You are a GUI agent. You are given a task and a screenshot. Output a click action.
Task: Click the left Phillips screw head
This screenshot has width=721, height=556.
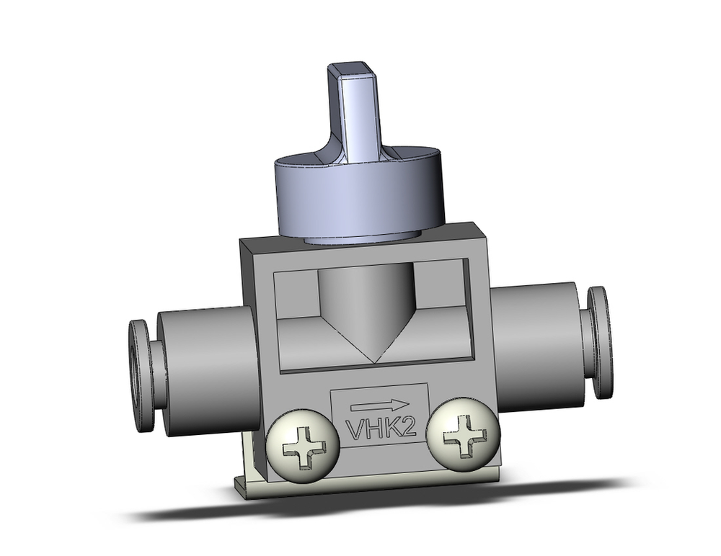(302, 448)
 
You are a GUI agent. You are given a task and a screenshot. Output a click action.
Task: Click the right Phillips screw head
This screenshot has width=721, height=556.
(463, 436)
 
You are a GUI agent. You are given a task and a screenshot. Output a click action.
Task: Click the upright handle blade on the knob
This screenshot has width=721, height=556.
(358, 115)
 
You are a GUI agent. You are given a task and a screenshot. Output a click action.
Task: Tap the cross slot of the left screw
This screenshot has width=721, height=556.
(302, 449)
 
